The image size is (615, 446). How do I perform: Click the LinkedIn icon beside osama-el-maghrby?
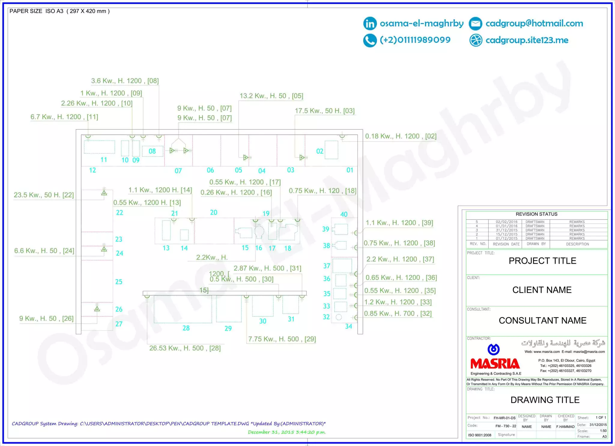tap(370, 23)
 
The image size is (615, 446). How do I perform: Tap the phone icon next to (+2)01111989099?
tap(370, 40)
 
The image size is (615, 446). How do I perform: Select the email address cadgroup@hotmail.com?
tap(534, 23)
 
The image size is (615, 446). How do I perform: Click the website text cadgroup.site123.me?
tap(527, 40)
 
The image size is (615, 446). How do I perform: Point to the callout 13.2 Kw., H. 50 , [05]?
tap(271, 96)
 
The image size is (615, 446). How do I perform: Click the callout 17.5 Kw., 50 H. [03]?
tap(325, 111)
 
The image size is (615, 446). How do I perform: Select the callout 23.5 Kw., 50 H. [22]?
tap(44, 195)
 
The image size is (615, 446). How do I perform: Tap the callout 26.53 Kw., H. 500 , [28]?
tap(185, 348)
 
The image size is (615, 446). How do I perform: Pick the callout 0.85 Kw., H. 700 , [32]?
tap(398, 314)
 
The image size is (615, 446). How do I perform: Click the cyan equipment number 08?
tap(152, 151)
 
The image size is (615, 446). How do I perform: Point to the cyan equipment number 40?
tap(344, 214)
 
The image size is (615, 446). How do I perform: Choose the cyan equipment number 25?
tap(119, 282)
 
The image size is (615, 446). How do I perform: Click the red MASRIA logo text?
tap(495, 364)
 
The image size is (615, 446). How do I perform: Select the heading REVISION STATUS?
tap(536, 214)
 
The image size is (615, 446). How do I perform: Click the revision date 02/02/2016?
tap(507, 222)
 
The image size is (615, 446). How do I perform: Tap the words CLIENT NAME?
tap(542, 290)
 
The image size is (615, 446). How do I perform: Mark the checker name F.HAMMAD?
tap(565, 426)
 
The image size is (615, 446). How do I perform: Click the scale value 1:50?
tap(603, 431)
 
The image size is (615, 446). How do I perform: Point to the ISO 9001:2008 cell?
tap(480, 435)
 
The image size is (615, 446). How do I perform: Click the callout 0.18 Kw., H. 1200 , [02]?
tap(401, 136)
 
